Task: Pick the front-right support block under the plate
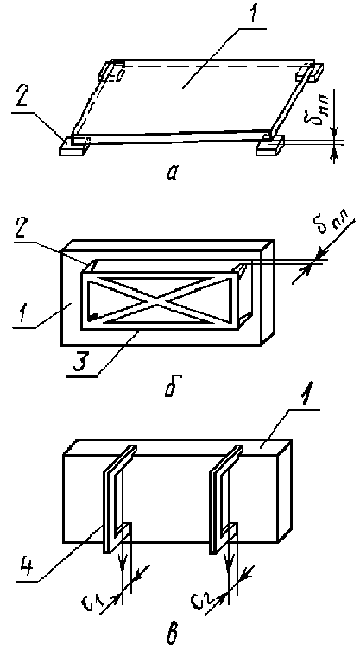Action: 269,146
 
